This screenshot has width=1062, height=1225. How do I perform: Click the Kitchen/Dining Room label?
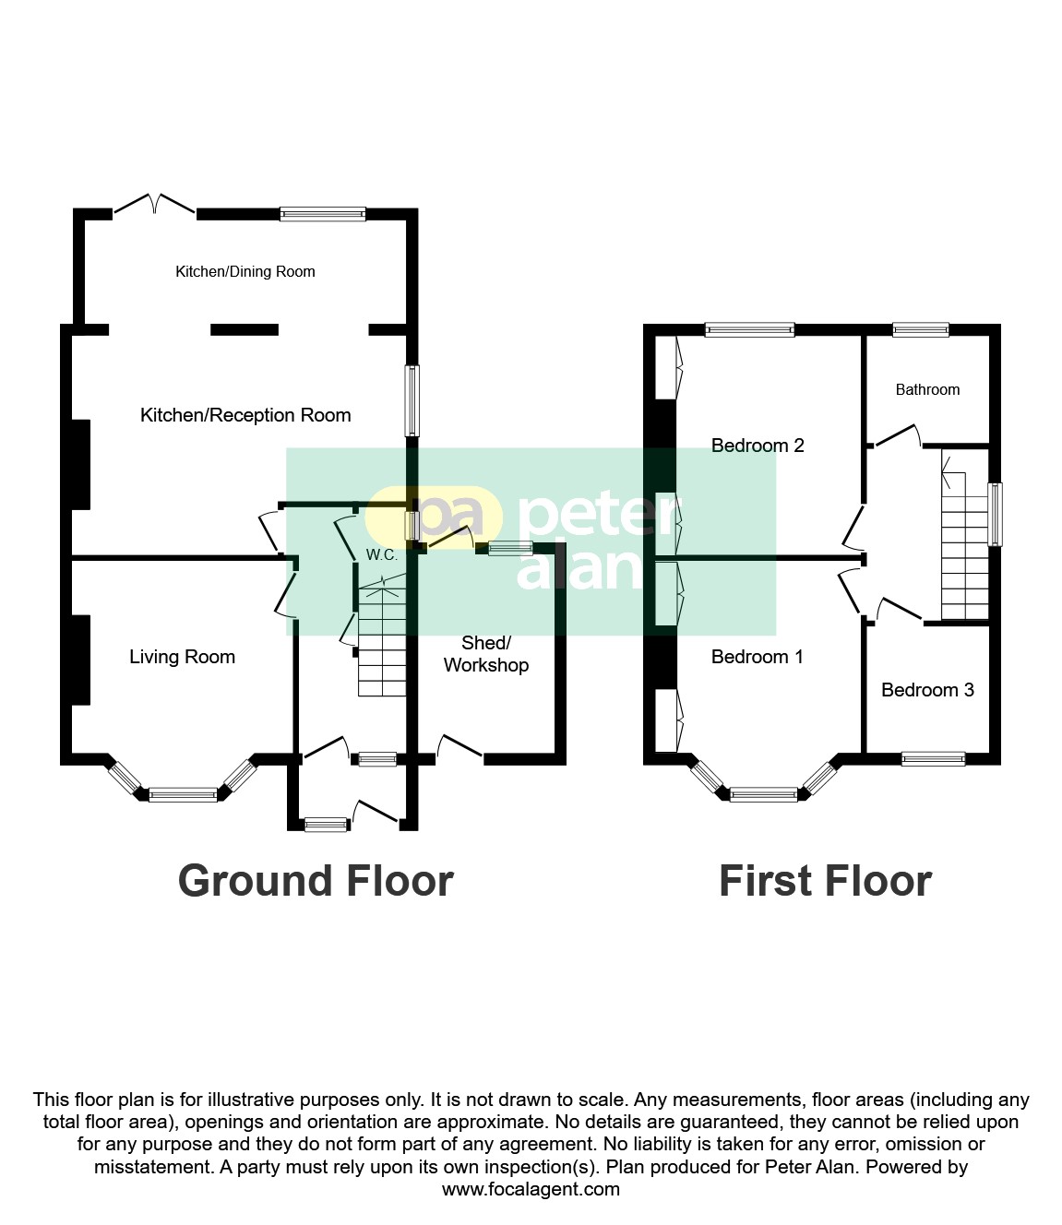[245, 271]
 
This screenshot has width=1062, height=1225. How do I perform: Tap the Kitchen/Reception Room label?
[245, 415]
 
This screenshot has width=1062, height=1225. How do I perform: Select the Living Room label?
[182, 657]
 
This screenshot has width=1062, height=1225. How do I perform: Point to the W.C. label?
[381, 555]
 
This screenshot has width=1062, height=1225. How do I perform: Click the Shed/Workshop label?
[485, 654]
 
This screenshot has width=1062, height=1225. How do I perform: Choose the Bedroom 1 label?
[757, 657]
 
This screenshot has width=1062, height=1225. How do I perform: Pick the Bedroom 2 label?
[758, 446]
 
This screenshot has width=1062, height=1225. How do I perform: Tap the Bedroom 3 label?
[927, 690]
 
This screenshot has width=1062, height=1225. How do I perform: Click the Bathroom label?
[927, 389]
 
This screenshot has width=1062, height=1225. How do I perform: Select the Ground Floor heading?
[316, 881]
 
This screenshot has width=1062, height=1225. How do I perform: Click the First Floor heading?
[825, 881]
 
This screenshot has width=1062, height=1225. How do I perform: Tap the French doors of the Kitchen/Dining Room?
[155, 205]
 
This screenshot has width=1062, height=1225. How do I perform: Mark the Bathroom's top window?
[920, 329]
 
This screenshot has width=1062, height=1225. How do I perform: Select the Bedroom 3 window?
[933, 759]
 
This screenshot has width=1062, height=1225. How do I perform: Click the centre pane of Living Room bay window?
[183, 793]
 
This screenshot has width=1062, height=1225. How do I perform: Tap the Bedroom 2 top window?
[749, 329]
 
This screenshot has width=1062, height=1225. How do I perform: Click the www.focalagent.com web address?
[531, 1189]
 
